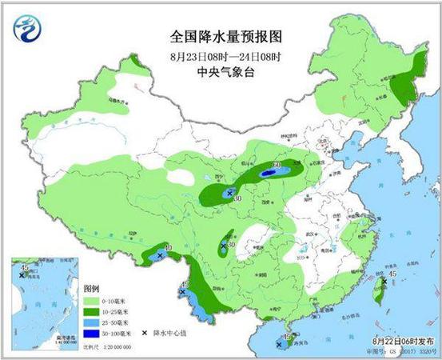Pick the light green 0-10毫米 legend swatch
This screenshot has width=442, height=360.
tap(91, 300)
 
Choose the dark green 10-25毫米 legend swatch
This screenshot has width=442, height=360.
tap(91, 311)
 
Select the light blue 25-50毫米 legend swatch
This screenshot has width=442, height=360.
tap(91, 322)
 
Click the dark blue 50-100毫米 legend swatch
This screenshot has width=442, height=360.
tap(91, 333)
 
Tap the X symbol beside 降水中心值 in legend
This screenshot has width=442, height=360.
tap(144, 333)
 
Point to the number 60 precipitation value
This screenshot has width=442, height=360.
tap(277, 166)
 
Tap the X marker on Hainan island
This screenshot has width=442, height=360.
tap(289, 339)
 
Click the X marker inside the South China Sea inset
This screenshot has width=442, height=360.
tap(22, 276)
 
